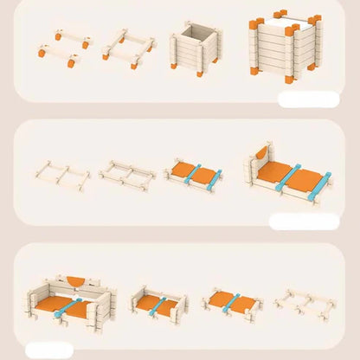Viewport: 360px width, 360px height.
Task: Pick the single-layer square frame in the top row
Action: (x=129, y=48)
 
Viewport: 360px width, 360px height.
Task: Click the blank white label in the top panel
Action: (x=308, y=99)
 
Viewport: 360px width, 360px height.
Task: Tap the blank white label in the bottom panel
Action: (x=49, y=350)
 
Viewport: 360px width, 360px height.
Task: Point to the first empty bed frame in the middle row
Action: (x=61, y=173)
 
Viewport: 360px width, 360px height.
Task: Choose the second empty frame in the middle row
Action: (x=128, y=174)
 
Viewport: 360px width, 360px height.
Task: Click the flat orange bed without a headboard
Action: (x=193, y=174)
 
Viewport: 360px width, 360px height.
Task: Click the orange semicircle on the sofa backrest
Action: (x=77, y=280)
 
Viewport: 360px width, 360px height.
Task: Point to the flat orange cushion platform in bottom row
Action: (x=231, y=303)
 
